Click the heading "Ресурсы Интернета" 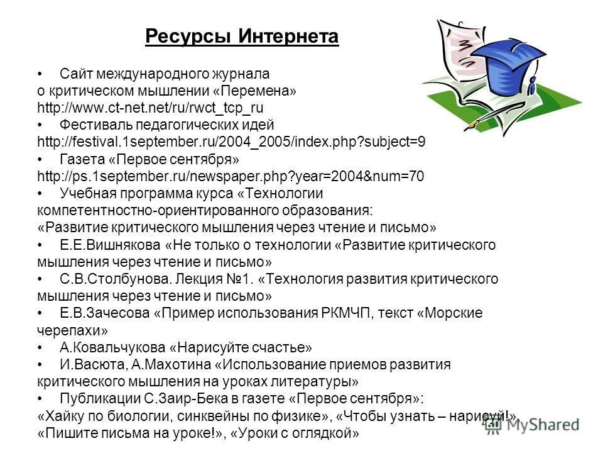click(242, 37)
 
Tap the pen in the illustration click(496, 117)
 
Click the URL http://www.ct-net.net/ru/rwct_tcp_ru click(151, 108)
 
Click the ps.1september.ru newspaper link click(231, 177)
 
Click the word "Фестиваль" click(91, 125)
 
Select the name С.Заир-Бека click(231, 399)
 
